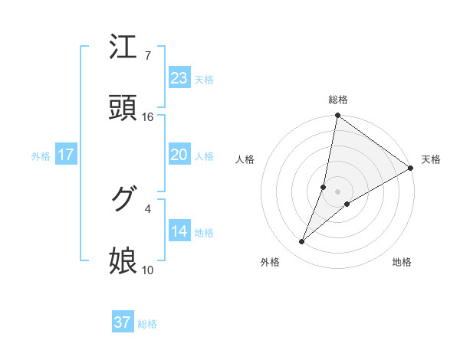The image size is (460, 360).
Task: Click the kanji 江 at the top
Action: (x=123, y=47)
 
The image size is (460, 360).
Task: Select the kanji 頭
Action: (x=123, y=107)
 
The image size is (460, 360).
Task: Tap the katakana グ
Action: (x=123, y=199)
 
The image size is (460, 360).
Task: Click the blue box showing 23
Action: (x=179, y=78)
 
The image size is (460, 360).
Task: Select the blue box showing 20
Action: (x=179, y=155)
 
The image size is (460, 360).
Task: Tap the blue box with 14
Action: (x=179, y=231)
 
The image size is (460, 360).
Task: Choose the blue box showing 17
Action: (x=65, y=155)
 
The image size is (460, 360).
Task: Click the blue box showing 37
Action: (x=122, y=322)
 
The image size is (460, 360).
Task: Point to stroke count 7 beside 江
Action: (x=148, y=56)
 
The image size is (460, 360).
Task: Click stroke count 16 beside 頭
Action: (x=148, y=117)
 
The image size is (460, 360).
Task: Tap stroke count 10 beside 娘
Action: (x=148, y=270)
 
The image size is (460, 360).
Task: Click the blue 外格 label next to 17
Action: (x=41, y=155)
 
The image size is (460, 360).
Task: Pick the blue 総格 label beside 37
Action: (x=147, y=324)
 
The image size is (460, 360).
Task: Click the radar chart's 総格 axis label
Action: (x=338, y=100)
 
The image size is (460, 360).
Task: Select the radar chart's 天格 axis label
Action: (x=431, y=159)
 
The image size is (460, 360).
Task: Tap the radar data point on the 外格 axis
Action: (x=302, y=242)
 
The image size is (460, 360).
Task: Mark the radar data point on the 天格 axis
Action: (x=411, y=169)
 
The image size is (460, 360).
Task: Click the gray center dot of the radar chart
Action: (x=338, y=191)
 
